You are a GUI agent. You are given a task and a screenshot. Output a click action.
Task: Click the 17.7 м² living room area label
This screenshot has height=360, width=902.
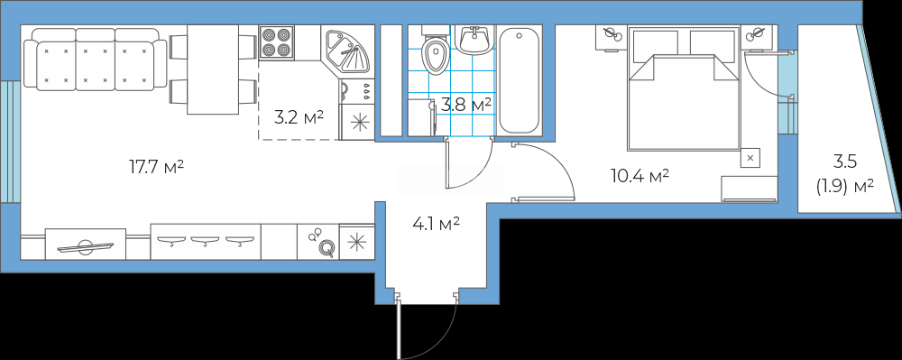click(x=156, y=167)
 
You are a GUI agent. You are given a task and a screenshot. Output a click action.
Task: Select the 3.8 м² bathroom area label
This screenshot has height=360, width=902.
click(x=466, y=105)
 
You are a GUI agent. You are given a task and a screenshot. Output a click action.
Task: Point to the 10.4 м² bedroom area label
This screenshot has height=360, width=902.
click(x=640, y=176)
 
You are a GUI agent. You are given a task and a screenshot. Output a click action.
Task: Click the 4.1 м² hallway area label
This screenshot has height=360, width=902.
click(x=436, y=223)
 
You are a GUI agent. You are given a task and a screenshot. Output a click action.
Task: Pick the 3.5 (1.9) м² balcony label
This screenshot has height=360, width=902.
click(x=844, y=173)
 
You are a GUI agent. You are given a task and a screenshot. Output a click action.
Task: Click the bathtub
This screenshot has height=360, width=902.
click(x=520, y=81)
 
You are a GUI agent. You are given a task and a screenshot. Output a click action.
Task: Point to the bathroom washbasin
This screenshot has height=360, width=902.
click(x=474, y=39)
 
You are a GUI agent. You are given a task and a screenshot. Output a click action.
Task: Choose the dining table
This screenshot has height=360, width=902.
click(x=213, y=69)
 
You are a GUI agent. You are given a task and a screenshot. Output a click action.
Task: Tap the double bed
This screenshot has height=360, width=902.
click(x=684, y=88)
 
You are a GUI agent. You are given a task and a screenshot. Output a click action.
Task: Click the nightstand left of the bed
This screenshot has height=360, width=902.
click(x=611, y=38)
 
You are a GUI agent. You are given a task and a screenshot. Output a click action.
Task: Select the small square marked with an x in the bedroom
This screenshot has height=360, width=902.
click(x=750, y=157)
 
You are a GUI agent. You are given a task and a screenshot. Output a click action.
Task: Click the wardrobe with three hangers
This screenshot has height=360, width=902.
click(x=206, y=242)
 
